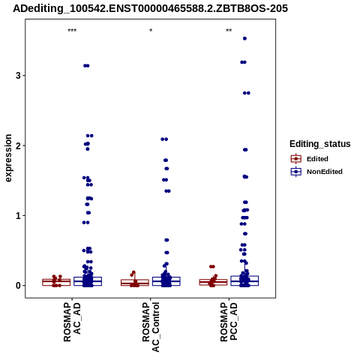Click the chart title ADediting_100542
[x=151, y=9]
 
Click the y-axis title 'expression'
[x=8, y=158]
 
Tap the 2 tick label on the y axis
[x=18, y=145]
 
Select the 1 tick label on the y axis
[x=18, y=215]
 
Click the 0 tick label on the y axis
[x=18, y=286]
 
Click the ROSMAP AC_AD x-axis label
[x=72, y=322]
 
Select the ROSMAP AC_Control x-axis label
[x=151, y=327]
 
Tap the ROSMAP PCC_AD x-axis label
[x=229, y=322]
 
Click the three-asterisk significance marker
[x=72, y=31]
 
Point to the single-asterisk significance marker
[x=151, y=31]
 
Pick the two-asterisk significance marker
[x=229, y=31]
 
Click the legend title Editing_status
[x=320, y=144]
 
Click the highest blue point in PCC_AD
[x=244, y=38]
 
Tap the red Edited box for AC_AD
[x=56, y=282]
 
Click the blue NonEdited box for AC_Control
[x=166, y=281]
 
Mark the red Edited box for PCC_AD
[x=213, y=282]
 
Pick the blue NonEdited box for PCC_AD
[x=244, y=280]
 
